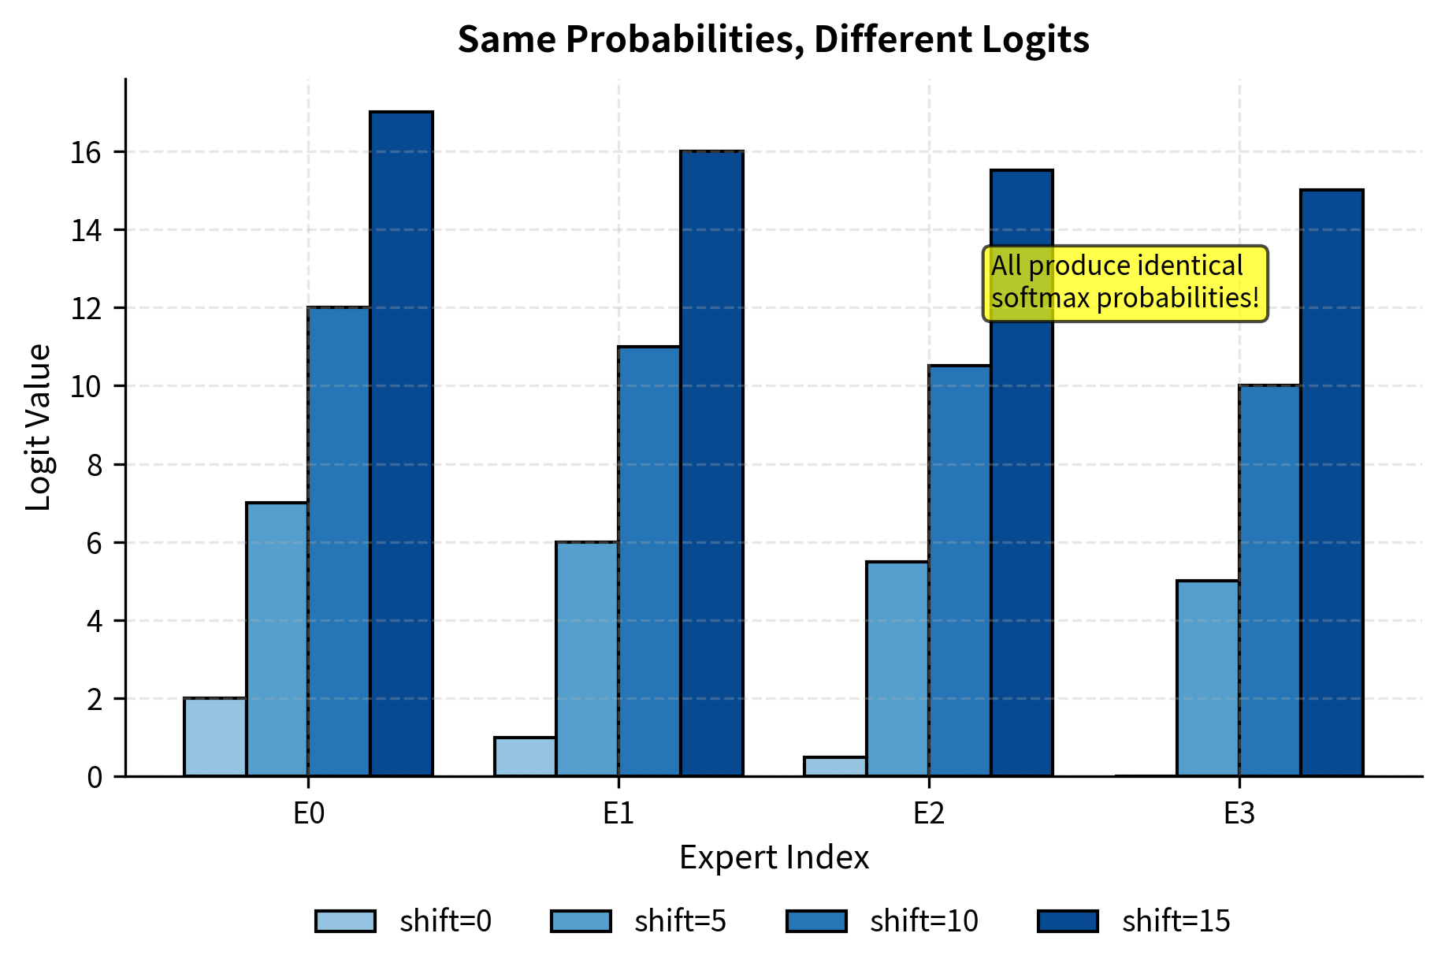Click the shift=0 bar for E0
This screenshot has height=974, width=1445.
pos(215,738)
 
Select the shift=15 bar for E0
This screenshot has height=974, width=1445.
pos(401,444)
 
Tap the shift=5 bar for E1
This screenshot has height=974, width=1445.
pos(587,659)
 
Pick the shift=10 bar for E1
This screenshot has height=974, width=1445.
pos(649,561)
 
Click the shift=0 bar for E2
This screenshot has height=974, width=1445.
pos(835,767)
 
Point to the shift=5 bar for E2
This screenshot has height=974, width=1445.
pos(897,669)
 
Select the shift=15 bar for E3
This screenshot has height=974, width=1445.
pos(1332,483)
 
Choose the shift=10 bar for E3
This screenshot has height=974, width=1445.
pos(1270,581)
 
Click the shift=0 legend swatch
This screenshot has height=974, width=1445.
pos(345,921)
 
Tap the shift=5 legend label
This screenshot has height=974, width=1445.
pos(680,921)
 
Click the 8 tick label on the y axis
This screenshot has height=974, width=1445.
pos(95,465)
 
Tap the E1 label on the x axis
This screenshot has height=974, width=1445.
pos(618,813)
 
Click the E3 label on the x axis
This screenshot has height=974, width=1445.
pos(1239,813)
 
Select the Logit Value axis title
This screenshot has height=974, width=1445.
pos(38,428)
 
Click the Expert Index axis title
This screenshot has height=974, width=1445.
pos(774,857)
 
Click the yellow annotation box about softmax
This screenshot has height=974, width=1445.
pos(1124,283)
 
